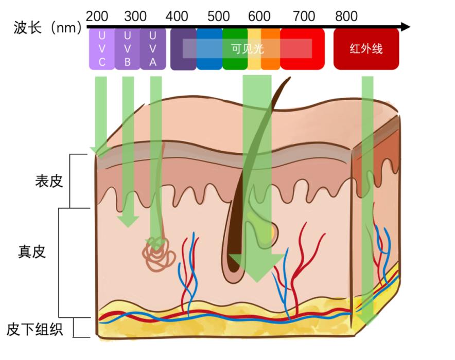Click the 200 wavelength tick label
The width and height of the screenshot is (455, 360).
97,16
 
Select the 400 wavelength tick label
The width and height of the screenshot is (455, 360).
177,16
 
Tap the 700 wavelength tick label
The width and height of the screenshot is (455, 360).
304,16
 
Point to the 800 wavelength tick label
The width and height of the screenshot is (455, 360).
346,16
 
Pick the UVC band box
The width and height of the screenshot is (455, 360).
101,49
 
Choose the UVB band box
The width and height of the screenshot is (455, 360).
127,49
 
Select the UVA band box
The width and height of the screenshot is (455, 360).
152,49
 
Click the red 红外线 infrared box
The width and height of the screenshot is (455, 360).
366,49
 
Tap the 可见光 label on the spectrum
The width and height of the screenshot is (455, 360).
247,49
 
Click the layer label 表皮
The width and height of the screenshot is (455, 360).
48,181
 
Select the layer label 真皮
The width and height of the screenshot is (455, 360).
32,251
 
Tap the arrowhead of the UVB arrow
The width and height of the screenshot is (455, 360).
128,221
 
